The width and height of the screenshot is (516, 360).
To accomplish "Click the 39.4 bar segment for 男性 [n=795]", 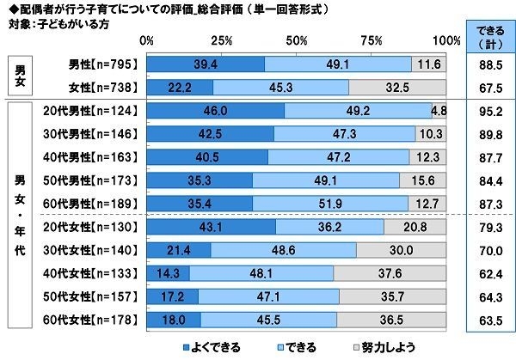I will coord(206,64).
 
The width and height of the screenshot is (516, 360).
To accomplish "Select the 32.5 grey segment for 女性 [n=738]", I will coord(398,86).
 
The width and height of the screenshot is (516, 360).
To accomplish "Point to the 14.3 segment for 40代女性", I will coord(168,272).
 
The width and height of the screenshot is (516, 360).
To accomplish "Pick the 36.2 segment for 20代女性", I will coord(330,226).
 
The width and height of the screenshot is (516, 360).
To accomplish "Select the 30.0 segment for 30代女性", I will coord(402,249).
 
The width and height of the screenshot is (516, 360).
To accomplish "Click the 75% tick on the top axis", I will coord(372,40).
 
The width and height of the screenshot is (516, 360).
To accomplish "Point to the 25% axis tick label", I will coord(221,40).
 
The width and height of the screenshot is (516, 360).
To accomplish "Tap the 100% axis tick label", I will coord(446,40).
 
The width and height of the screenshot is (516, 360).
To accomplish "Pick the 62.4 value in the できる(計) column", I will coord(488,272).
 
